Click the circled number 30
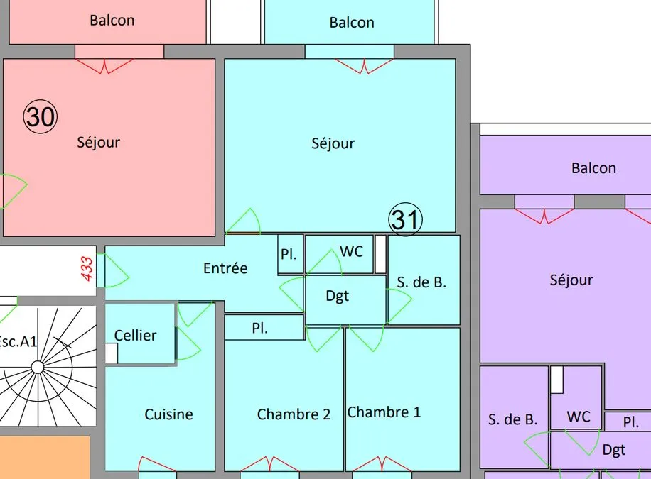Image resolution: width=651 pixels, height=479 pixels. click(x=41, y=116)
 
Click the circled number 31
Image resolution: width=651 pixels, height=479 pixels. click(x=405, y=219)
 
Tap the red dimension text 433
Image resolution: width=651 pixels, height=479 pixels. click(x=87, y=269)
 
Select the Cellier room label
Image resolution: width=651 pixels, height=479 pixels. click(x=135, y=335)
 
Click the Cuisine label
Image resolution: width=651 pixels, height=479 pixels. click(x=168, y=414)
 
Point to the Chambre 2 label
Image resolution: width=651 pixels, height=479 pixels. click(x=294, y=414)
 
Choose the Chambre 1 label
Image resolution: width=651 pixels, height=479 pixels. click(x=384, y=412)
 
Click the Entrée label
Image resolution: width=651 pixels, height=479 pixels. click(x=225, y=268)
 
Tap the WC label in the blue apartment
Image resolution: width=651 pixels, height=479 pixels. click(x=351, y=251)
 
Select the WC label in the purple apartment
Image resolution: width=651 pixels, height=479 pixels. click(x=579, y=417)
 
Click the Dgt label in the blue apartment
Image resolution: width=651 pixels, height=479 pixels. click(x=337, y=296)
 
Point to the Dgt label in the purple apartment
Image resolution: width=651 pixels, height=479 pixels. click(x=613, y=450)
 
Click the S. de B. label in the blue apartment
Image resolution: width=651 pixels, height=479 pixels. click(x=421, y=282)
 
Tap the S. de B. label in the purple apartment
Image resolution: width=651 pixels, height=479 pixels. click(x=512, y=419)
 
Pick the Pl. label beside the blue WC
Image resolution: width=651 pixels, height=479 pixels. click(x=289, y=254)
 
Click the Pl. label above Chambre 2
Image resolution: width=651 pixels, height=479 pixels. click(x=259, y=328)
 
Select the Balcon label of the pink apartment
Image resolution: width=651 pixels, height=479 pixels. click(x=112, y=20)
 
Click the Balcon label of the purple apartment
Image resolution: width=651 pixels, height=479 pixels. click(x=593, y=167)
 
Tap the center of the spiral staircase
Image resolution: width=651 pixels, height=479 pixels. click(x=38, y=367)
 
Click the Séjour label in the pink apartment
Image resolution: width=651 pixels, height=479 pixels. click(x=98, y=142)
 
